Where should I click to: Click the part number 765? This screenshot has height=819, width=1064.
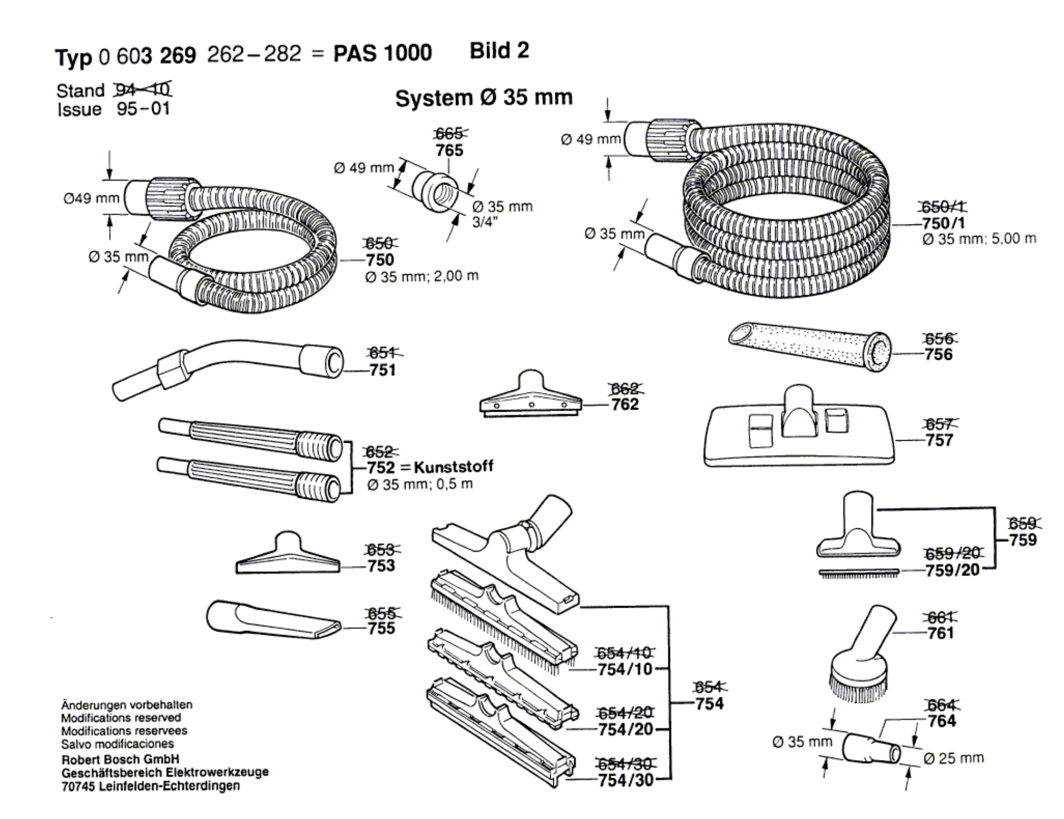click(449, 150)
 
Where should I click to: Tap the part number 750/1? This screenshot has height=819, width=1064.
click(944, 223)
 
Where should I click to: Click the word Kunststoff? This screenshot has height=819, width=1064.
click(453, 466)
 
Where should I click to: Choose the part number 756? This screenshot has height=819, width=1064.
click(939, 354)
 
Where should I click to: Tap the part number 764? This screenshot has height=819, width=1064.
click(941, 721)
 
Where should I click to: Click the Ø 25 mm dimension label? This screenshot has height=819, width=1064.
click(953, 758)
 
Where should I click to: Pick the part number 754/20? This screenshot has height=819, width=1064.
click(626, 729)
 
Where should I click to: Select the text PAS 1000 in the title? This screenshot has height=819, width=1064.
click(383, 53)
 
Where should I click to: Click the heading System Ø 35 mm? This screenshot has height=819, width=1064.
click(484, 98)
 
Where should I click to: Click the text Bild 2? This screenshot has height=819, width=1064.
click(499, 50)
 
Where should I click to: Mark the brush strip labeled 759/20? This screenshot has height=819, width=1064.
click(859, 573)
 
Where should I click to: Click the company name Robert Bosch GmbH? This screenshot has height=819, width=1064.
click(120, 760)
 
